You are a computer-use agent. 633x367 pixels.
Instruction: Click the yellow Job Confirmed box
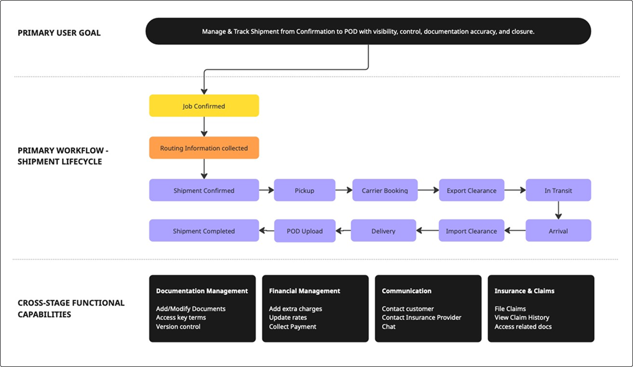coord(204,106)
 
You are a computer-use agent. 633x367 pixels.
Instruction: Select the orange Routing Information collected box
coord(204,148)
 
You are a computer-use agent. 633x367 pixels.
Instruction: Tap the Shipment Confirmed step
coord(204,190)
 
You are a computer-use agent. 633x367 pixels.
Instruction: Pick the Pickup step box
coord(304,190)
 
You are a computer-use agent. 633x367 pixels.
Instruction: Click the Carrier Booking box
coord(385,190)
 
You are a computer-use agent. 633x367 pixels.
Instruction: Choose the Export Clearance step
coord(471,190)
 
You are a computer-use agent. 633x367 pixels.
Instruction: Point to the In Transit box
coord(558,190)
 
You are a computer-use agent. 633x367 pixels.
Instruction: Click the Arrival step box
coord(558,231)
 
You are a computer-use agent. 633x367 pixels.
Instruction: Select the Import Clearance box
coord(471,231)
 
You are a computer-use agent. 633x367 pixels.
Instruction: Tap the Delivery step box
coord(383,231)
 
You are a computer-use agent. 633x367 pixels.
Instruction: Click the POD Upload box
coord(304,231)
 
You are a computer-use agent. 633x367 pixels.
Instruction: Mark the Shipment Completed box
coord(204,231)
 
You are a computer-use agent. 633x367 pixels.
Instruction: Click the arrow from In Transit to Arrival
coord(558,210)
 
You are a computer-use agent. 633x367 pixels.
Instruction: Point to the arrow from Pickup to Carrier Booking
coord(344,190)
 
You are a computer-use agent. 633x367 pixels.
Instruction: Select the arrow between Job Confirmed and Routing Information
coord(204,127)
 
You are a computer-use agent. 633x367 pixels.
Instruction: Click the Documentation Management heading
coord(202,291)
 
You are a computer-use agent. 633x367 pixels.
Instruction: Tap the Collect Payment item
coord(293,326)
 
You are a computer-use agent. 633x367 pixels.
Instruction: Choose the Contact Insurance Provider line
coord(421,317)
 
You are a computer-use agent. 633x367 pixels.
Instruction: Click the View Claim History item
coord(522,317)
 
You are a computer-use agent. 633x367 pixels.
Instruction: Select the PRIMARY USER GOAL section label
coord(59,33)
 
